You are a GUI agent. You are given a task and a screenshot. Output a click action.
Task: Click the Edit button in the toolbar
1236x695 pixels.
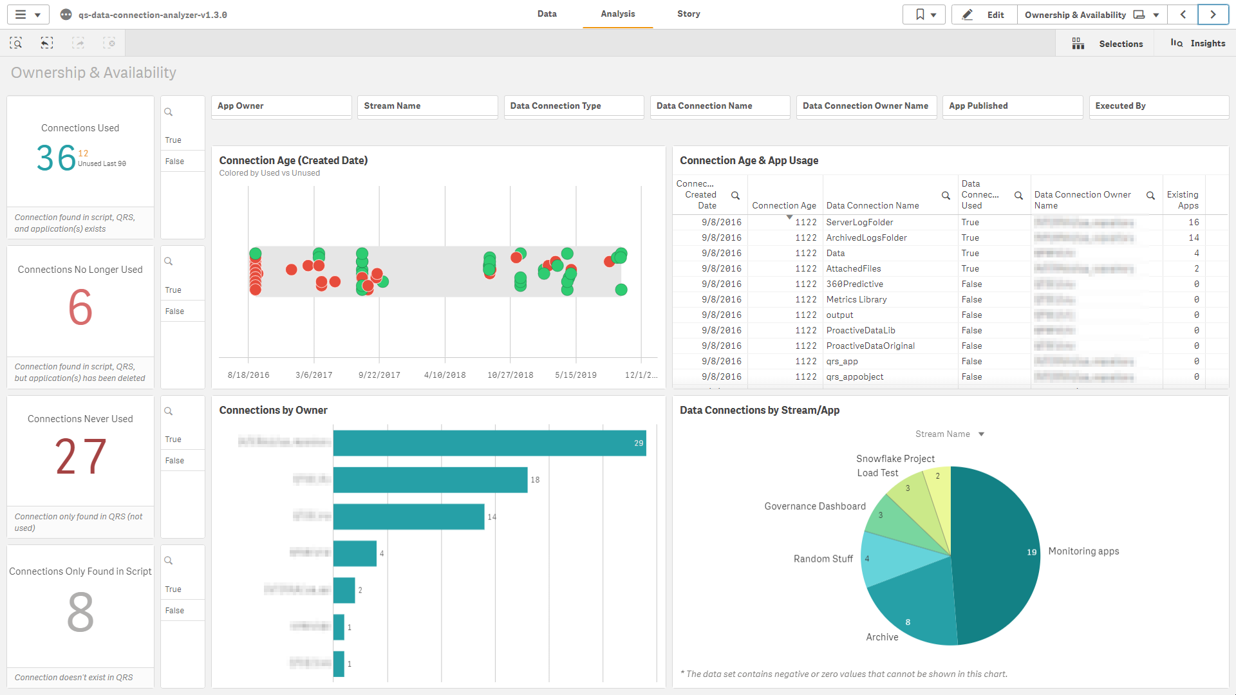point(984,15)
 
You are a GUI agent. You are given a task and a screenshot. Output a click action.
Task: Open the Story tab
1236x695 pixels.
point(688,14)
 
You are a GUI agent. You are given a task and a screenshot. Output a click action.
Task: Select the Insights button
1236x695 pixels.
point(1198,43)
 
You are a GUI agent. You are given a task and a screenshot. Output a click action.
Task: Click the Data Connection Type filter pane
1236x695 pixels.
point(573,106)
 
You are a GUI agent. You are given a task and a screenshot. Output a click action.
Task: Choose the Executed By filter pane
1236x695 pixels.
point(1158,106)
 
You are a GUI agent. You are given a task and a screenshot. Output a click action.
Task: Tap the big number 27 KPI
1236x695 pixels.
point(80,456)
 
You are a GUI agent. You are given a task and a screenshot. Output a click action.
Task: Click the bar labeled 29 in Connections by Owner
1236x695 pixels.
point(489,443)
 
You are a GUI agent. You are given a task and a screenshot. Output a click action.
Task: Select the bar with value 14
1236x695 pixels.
point(408,517)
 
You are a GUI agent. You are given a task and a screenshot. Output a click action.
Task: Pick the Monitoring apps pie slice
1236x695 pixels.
point(998,553)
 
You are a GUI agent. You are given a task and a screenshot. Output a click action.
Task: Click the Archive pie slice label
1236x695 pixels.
point(881,637)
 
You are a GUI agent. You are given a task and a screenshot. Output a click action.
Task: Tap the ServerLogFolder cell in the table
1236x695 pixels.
point(859,222)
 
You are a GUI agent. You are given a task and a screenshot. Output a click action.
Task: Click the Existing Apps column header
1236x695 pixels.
point(1183,199)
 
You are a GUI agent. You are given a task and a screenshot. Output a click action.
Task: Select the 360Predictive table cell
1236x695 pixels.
point(854,284)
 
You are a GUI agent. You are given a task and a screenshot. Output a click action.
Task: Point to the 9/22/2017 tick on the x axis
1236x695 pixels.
point(379,375)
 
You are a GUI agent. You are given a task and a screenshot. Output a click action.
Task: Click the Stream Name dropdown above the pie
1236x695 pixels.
point(950,434)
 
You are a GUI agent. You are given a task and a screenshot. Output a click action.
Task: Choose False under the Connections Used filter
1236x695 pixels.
point(174,162)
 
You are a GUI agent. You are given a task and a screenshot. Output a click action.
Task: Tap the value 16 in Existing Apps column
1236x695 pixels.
point(1193,222)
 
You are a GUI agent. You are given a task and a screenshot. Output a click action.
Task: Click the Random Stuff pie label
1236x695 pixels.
point(823,559)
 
